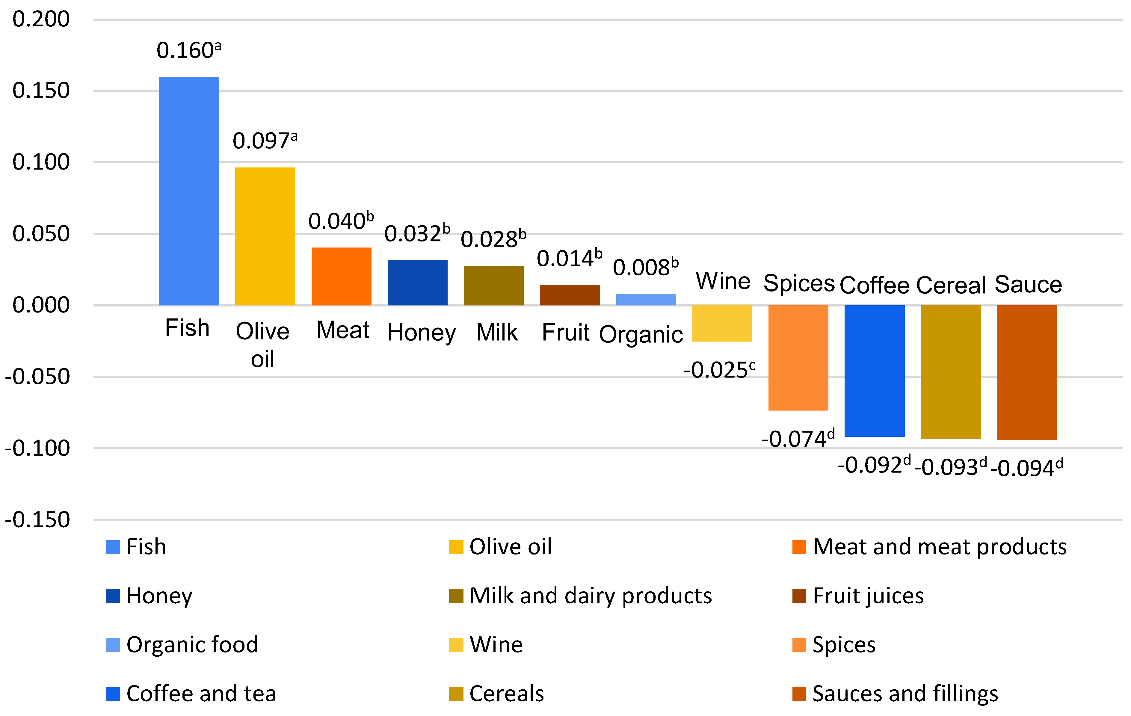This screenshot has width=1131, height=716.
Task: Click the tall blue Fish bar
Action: [x=189, y=191]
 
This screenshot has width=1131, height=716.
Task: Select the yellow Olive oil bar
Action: [x=265, y=236]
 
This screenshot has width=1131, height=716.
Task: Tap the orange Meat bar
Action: [x=342, y=277]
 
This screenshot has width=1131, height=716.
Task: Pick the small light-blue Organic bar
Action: [x=646, y=300]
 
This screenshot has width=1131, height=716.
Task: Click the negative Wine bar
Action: [x=722, y=324]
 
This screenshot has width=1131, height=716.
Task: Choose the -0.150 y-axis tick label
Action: [x=37, y=520]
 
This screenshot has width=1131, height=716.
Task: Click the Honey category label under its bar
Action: [x=421, y=333]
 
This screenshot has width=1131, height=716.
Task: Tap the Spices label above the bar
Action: [x=798, y=284]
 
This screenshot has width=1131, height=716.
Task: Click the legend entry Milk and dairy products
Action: [x=590, y=596]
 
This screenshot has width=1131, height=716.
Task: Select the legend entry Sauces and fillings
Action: [x=905, y=694]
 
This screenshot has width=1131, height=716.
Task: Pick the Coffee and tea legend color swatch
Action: [x=113, y=694]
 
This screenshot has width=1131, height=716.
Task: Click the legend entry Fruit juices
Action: [x=868, y=596]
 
